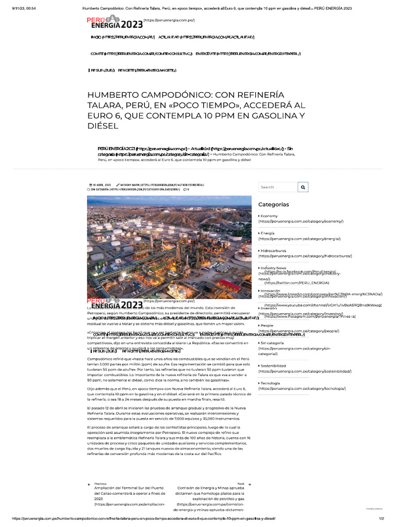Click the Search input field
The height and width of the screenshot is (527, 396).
click(278, 187)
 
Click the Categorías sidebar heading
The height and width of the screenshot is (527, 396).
click(273, 204)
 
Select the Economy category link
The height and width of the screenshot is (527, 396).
click(269, 216)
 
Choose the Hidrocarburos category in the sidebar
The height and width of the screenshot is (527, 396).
click(273, 251)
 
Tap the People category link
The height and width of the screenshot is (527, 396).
click(267, 325)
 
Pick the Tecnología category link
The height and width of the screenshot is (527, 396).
click(271, 383)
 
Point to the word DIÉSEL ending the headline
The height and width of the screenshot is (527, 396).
click(103, 126)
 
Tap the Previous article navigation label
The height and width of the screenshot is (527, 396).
click(100, 484)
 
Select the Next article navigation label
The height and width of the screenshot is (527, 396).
click(241, 484)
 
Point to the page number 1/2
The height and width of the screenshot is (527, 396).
click(382, 519)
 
